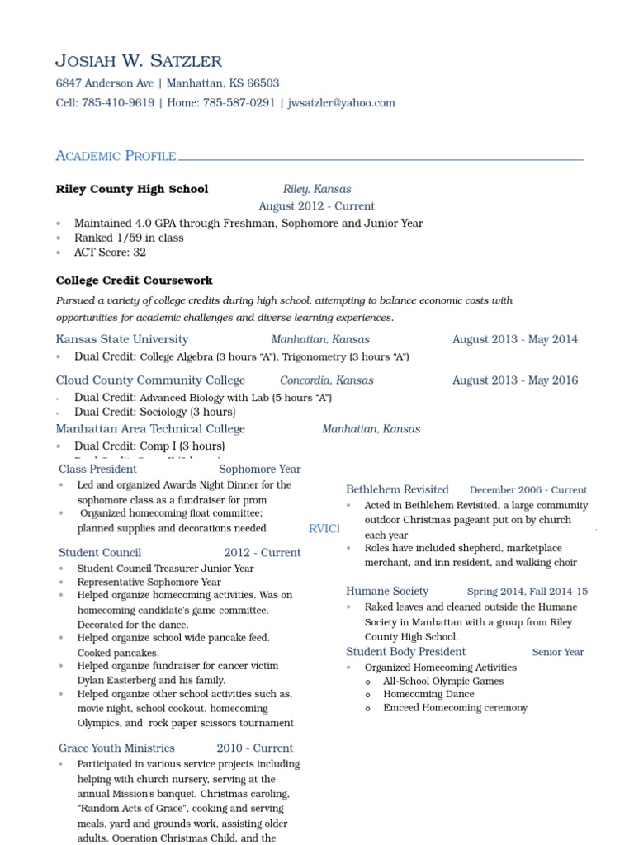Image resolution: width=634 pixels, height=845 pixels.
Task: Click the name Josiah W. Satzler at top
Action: pyautogui.click(x=139, y=61)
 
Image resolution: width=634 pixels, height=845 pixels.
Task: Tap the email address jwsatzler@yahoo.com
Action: pyautogui.click(x=341, y=103)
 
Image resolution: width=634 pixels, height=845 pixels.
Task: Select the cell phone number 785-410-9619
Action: pyautogui.click(x=118, y=103)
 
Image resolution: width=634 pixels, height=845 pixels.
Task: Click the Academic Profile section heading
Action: pyautogui.click(x=116, y=156)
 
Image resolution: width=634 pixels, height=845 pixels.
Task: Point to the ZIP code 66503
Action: pyautogui.click(x=263, y=83)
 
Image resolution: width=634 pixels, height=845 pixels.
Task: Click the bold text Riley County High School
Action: pyautogui.click(x=132, y=189)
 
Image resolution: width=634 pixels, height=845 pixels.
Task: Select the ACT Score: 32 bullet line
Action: pyautogui.click(x=110, y=253)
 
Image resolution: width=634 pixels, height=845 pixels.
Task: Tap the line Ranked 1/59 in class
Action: pyautogui.click(x=129, y=238)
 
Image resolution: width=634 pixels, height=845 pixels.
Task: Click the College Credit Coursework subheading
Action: pyautogui.click(x=134, y=281)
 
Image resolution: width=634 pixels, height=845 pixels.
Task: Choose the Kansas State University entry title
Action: pyautogui.click(x=122, y=339)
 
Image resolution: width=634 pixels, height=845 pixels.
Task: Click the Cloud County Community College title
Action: pyautogui.click(x=150, y=380)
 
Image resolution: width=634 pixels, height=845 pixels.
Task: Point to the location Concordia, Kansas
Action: pyautogui.click(x=327, y=380)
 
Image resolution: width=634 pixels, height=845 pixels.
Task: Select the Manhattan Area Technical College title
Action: pyautogui.click(x=150, y=429)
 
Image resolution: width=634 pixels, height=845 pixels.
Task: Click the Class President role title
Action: pyautogui.click(x=97, y=469)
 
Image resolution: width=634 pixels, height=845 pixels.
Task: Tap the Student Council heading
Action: pyautogui.click(x=100, y=553)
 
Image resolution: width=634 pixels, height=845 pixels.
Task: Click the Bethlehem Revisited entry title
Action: pyautogui.click(x=397, y=489)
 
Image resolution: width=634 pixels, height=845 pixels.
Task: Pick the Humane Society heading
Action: pyautogui.click(x=387, y=591)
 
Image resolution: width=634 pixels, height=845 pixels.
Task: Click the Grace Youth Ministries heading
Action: pyautogui.click(x=116, y=748)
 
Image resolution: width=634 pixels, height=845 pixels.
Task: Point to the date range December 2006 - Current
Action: pyautogui.click(x=528, y=490)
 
